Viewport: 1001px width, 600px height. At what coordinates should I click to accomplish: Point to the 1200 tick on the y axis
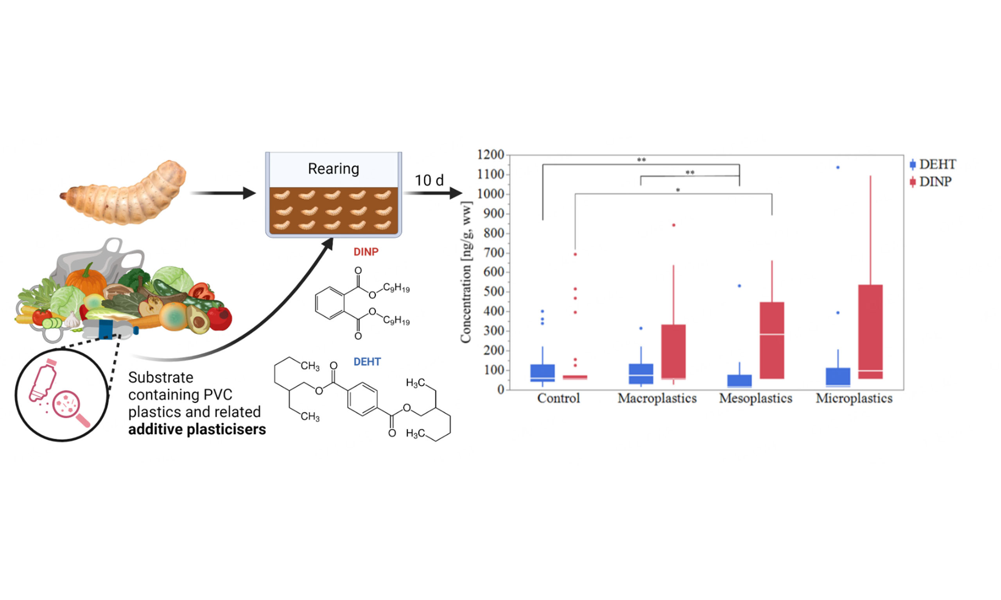[x=490, y=155]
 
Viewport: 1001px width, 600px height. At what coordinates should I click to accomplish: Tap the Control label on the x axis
[x=558, y=399]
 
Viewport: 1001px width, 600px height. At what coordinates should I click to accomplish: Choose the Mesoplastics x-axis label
[x=755, y=399]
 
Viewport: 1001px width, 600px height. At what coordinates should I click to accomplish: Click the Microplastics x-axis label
[x=854, y=399]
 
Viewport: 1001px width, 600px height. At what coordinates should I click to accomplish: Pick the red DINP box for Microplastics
[x=870, y=332]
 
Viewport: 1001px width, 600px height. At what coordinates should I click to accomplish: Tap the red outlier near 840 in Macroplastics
[x=674, y=225]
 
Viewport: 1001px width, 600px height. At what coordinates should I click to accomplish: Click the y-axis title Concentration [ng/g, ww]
[x=466, y=272]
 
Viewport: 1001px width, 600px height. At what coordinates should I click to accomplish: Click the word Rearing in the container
[x=334, y=169]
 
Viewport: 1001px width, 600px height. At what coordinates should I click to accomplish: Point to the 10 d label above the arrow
[x=429, y=180]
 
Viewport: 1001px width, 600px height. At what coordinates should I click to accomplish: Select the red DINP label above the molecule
[x=366, y=252]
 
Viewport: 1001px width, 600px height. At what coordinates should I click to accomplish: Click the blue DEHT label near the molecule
[x=367, y=362]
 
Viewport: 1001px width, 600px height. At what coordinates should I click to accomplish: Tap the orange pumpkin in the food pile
[x=86, y=280]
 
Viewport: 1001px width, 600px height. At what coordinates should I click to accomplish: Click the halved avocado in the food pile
[x=198, y=320]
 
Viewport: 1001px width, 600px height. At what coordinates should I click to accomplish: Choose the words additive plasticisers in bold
[x=197, y=429]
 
